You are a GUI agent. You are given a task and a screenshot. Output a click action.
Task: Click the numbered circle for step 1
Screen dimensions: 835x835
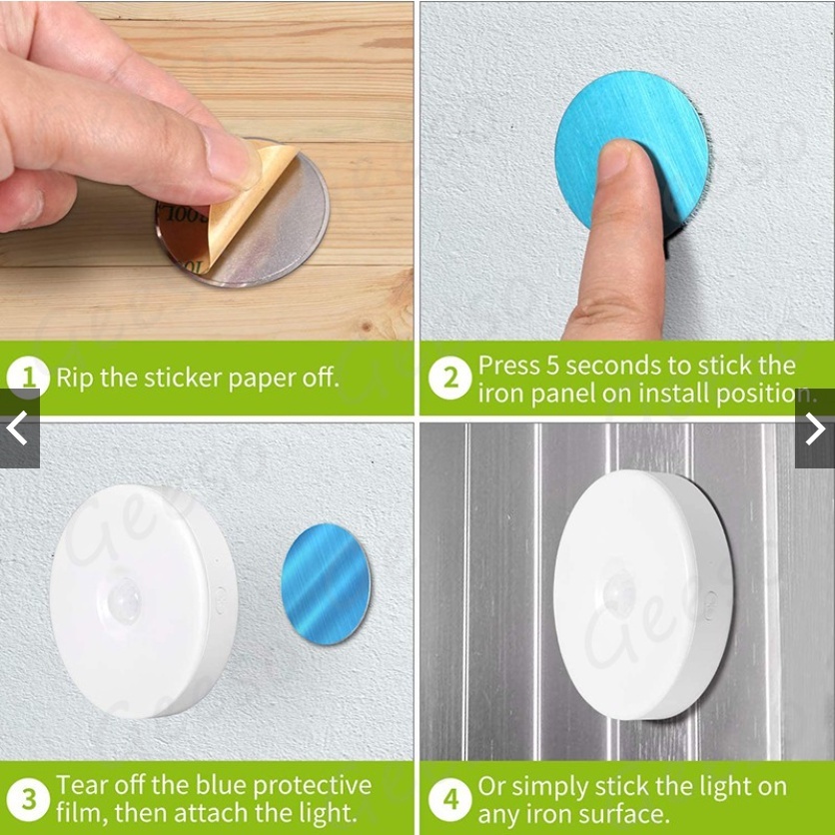(x=28, y=378)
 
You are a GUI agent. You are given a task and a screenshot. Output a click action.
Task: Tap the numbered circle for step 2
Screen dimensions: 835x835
(x=450, y=378)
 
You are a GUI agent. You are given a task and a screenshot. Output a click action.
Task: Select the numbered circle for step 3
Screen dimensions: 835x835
(x=28, y=799)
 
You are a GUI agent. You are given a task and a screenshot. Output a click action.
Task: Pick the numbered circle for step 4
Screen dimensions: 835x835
(x=450, y=799)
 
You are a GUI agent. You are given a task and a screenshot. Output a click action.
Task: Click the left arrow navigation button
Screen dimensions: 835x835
(x=20, y=428)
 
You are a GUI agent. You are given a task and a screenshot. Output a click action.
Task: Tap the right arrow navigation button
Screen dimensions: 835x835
(x=815, y=428)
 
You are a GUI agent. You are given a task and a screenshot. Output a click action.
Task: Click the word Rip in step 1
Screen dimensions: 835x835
(x=75, y=378)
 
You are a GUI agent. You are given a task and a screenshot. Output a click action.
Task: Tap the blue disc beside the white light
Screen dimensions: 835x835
(x=326, y=583)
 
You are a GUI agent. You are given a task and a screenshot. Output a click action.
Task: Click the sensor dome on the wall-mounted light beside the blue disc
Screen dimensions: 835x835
(x=124, y=600)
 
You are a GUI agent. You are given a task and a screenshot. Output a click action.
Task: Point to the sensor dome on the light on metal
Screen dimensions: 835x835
(x=619, y=591)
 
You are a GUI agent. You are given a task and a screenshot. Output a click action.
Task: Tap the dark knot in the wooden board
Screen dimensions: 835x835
(x=366, y=326)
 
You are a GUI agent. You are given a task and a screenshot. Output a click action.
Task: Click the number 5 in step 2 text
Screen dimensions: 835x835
(x=552, y=366)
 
